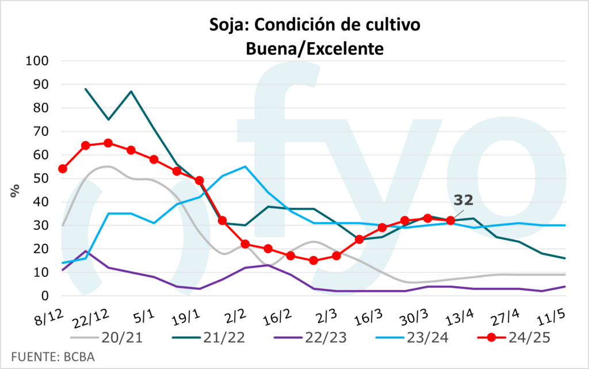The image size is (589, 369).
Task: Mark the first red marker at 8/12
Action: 63,169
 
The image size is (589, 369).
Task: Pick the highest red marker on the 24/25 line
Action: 108,143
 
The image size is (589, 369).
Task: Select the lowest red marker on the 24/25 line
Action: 313,260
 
